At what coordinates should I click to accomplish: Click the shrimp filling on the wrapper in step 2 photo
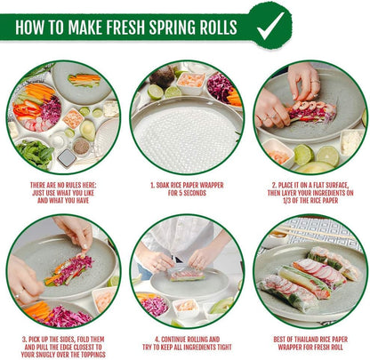(306, 111)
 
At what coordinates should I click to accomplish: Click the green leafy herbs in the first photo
(33, 151)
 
